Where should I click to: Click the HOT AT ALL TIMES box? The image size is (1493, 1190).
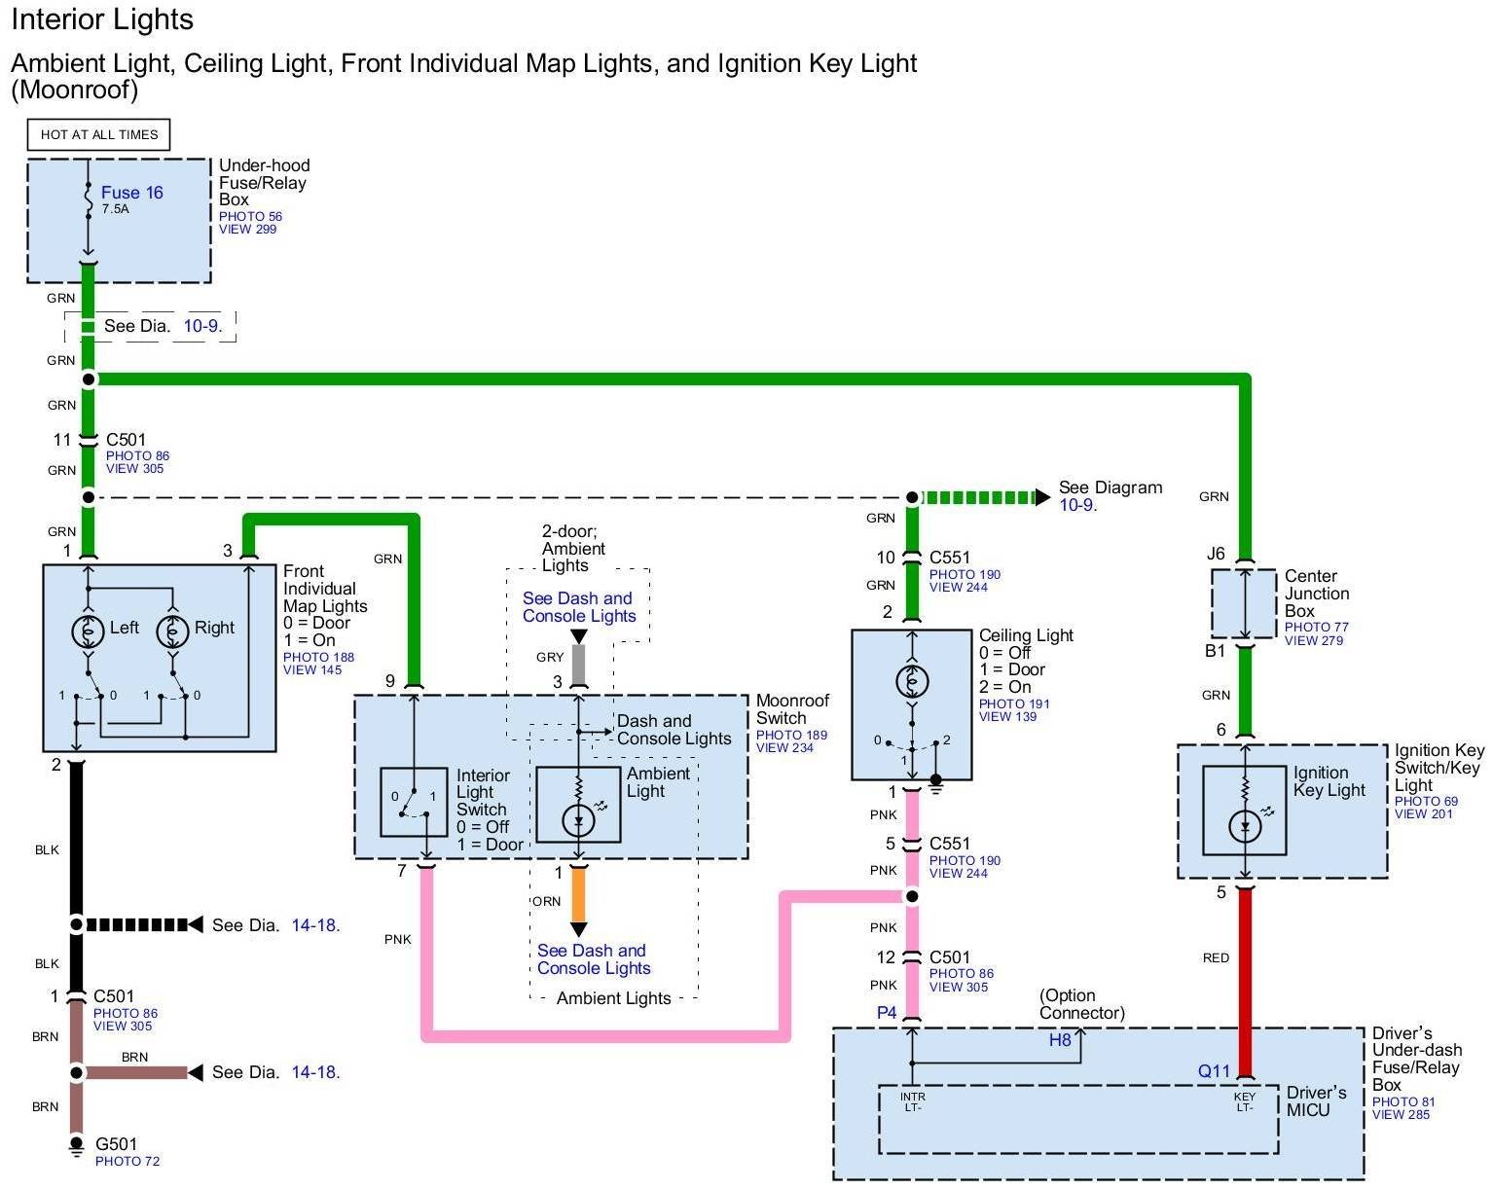[99, 134]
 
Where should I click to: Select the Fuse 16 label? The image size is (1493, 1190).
[131, 193]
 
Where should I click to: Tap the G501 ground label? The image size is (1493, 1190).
[116, 1144]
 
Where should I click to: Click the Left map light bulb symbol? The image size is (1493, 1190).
[89, 631]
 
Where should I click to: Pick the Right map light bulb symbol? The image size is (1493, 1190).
[173, 631]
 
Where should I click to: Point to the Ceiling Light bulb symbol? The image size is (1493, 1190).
[912, 681]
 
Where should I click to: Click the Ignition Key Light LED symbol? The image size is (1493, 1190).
[1245, 826]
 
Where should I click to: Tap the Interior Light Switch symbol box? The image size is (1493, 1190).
[414, 802]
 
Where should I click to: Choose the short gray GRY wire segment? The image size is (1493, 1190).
[578, 663]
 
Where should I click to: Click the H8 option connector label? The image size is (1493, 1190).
[1060, 1040]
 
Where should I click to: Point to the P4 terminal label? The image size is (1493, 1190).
[887, 1013]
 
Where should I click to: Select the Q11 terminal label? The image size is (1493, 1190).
[1214, 1071]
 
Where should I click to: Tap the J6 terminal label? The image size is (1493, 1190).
[1216, 554]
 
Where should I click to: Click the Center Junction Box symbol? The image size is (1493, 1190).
[1244, 604]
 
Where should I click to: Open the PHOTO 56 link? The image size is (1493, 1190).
[250, 217]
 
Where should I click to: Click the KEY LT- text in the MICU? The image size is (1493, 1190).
[1245, 1101]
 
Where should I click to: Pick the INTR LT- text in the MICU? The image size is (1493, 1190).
[912, 1101]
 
